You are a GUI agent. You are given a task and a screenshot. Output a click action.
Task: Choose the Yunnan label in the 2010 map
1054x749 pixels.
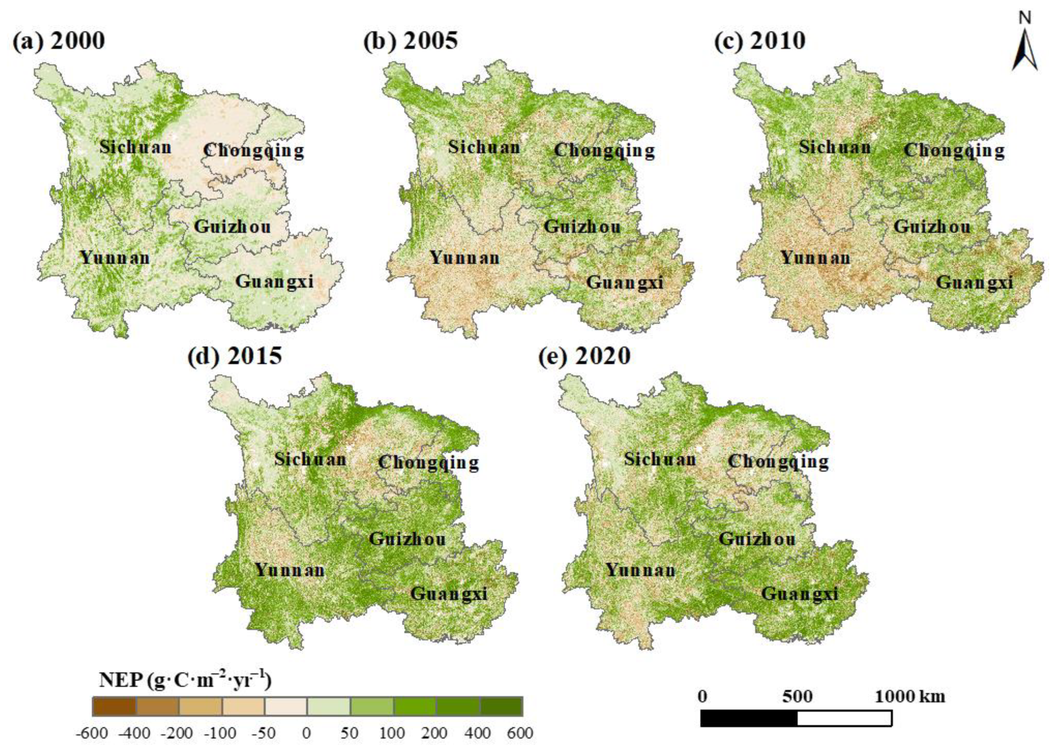tap(815, 257)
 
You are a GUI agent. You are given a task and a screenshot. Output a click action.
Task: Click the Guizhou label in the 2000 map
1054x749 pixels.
tap(232, 226)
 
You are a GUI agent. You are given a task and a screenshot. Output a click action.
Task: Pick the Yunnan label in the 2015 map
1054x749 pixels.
tap(290, 570)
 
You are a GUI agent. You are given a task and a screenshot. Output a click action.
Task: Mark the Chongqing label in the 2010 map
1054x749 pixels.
tap(954, 150)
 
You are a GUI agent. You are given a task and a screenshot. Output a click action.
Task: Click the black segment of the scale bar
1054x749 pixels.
tap(749, 718)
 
